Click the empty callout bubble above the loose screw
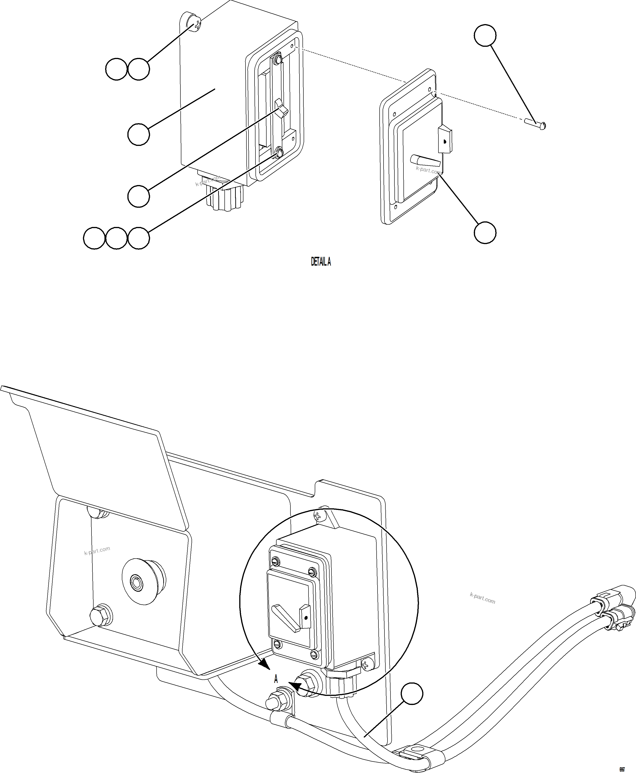485,35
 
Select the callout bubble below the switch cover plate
485,232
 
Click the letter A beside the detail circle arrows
276,680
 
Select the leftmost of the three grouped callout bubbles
94,238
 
